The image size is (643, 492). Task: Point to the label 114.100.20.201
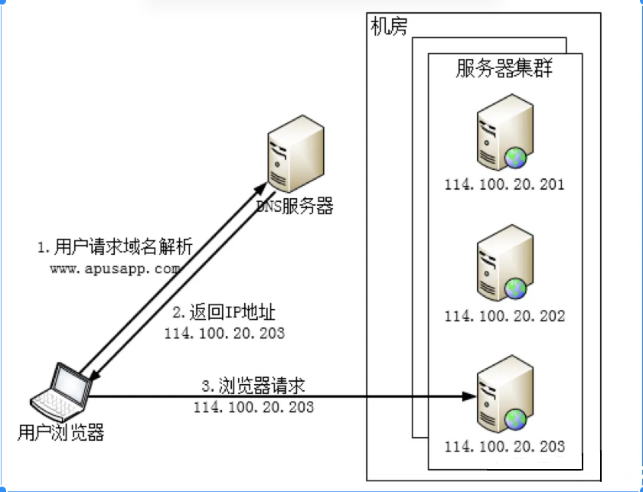(504, 184)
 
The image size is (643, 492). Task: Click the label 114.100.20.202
(504, 315)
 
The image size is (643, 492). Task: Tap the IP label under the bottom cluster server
(504, 446)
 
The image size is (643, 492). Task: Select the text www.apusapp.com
(115, 269)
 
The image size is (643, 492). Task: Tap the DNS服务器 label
(294, 207)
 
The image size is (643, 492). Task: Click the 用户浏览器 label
(60, 433)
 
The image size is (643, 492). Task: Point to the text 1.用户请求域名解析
(115, 249)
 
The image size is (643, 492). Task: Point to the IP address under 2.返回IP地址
(225, 333)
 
